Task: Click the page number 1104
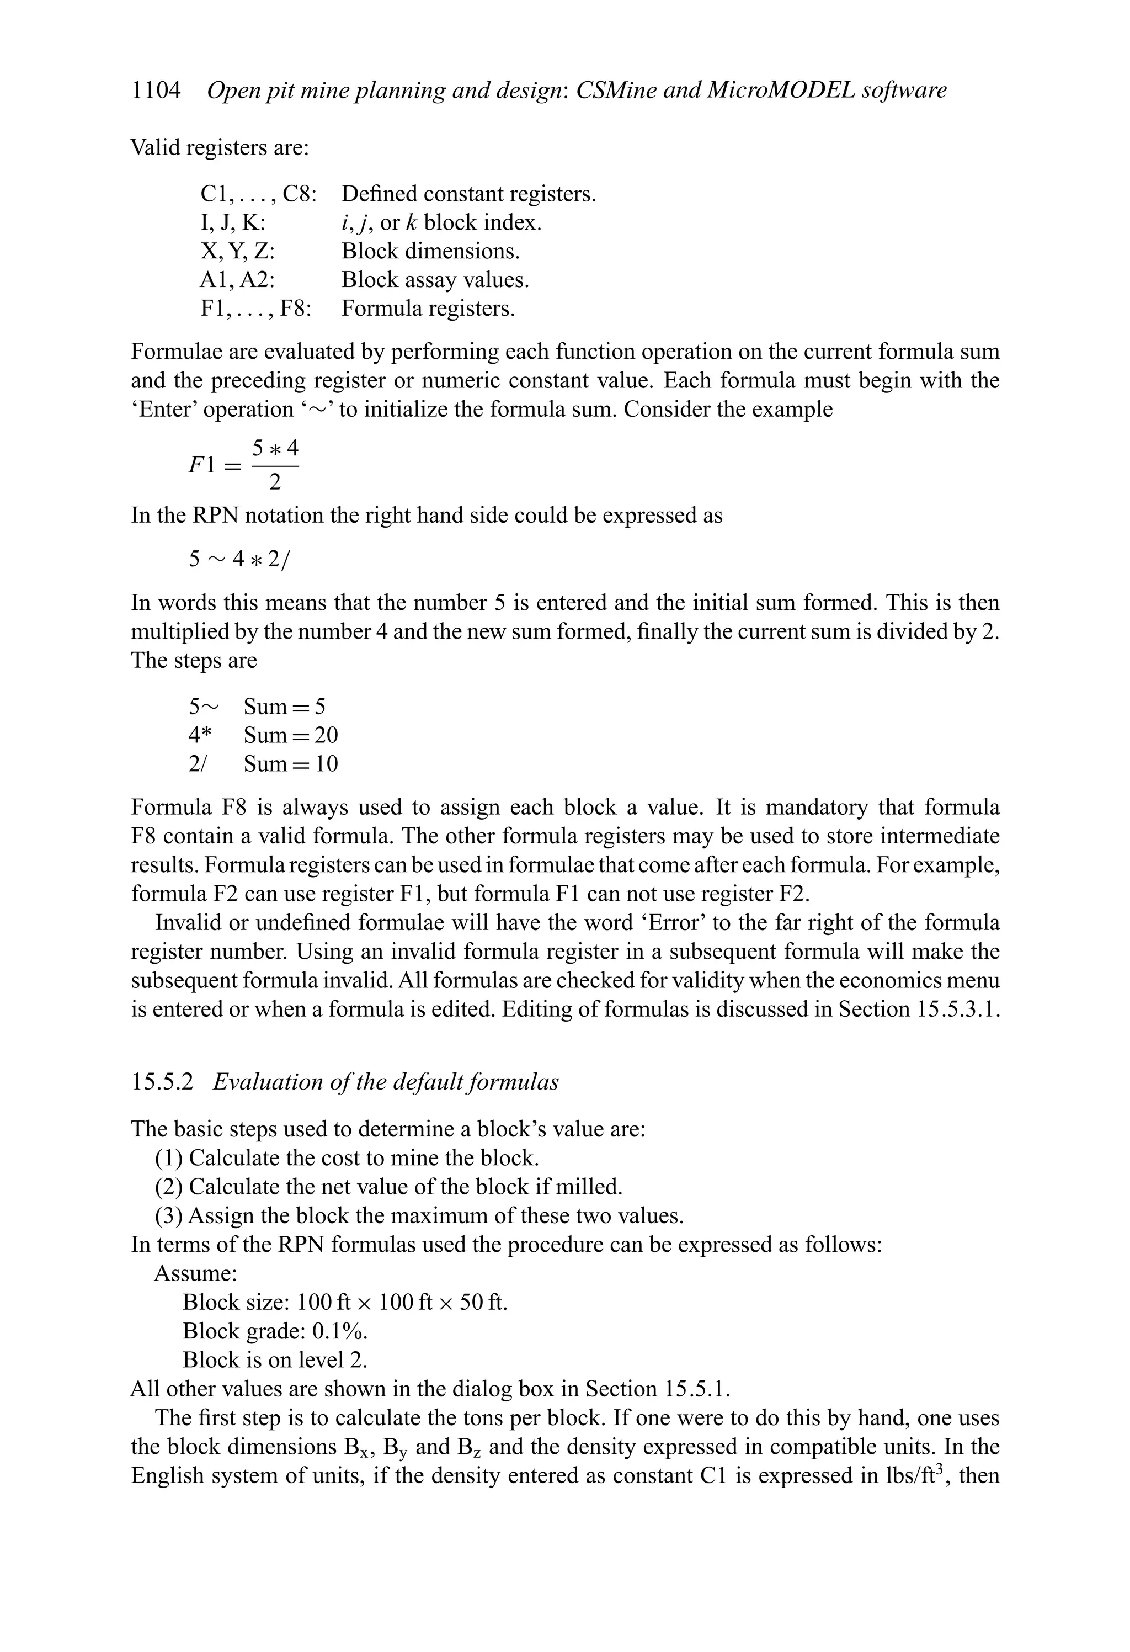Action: tap(156, 91)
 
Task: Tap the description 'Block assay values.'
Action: tap(435, 280)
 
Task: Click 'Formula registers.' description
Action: tap(428, 309)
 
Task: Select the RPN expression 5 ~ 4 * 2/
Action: tap(239, 560)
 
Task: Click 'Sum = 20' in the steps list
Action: tap(291, 735)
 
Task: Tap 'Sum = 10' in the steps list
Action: tap(291, 764)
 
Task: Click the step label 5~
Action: tap(203, 707)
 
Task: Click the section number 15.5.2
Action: tap(162, 1082)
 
